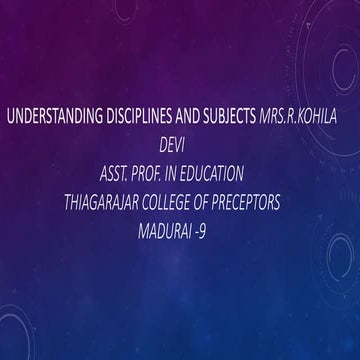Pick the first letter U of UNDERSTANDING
tap(11, 117)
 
